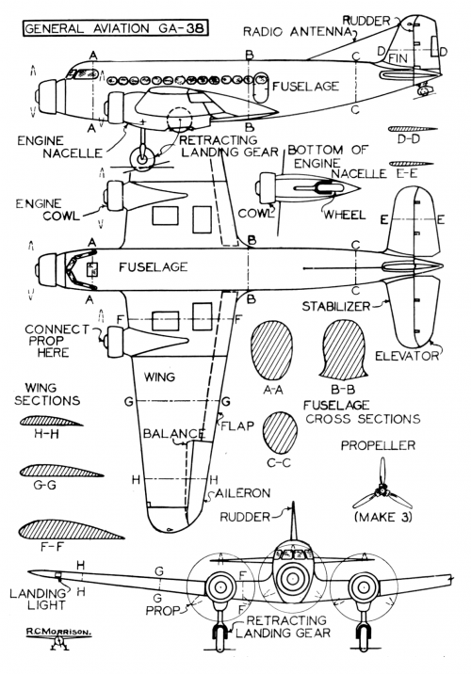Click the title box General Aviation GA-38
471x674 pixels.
coord(115,28)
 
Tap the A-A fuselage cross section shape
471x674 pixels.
coord(272,350)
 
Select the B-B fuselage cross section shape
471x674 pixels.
coord(344,349)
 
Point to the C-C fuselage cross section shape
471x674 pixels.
coord(280,433)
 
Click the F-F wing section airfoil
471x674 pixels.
coord(71,530)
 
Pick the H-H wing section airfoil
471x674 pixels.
coord(51,421)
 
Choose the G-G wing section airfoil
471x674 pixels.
coord(61,471)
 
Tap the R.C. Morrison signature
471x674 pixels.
coord(58,632)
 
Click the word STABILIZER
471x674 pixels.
coord(336,307)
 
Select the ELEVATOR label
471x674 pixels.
coord(407,356)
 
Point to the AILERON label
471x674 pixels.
coord(243,493)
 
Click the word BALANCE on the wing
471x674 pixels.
coord(173,434)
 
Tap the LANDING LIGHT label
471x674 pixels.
coord(38,600)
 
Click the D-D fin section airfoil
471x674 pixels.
coord(413,129)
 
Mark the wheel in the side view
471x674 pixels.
coord(142,158)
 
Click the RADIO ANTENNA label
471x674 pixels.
coord(298,32)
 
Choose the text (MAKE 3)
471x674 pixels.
coord(383,517)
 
